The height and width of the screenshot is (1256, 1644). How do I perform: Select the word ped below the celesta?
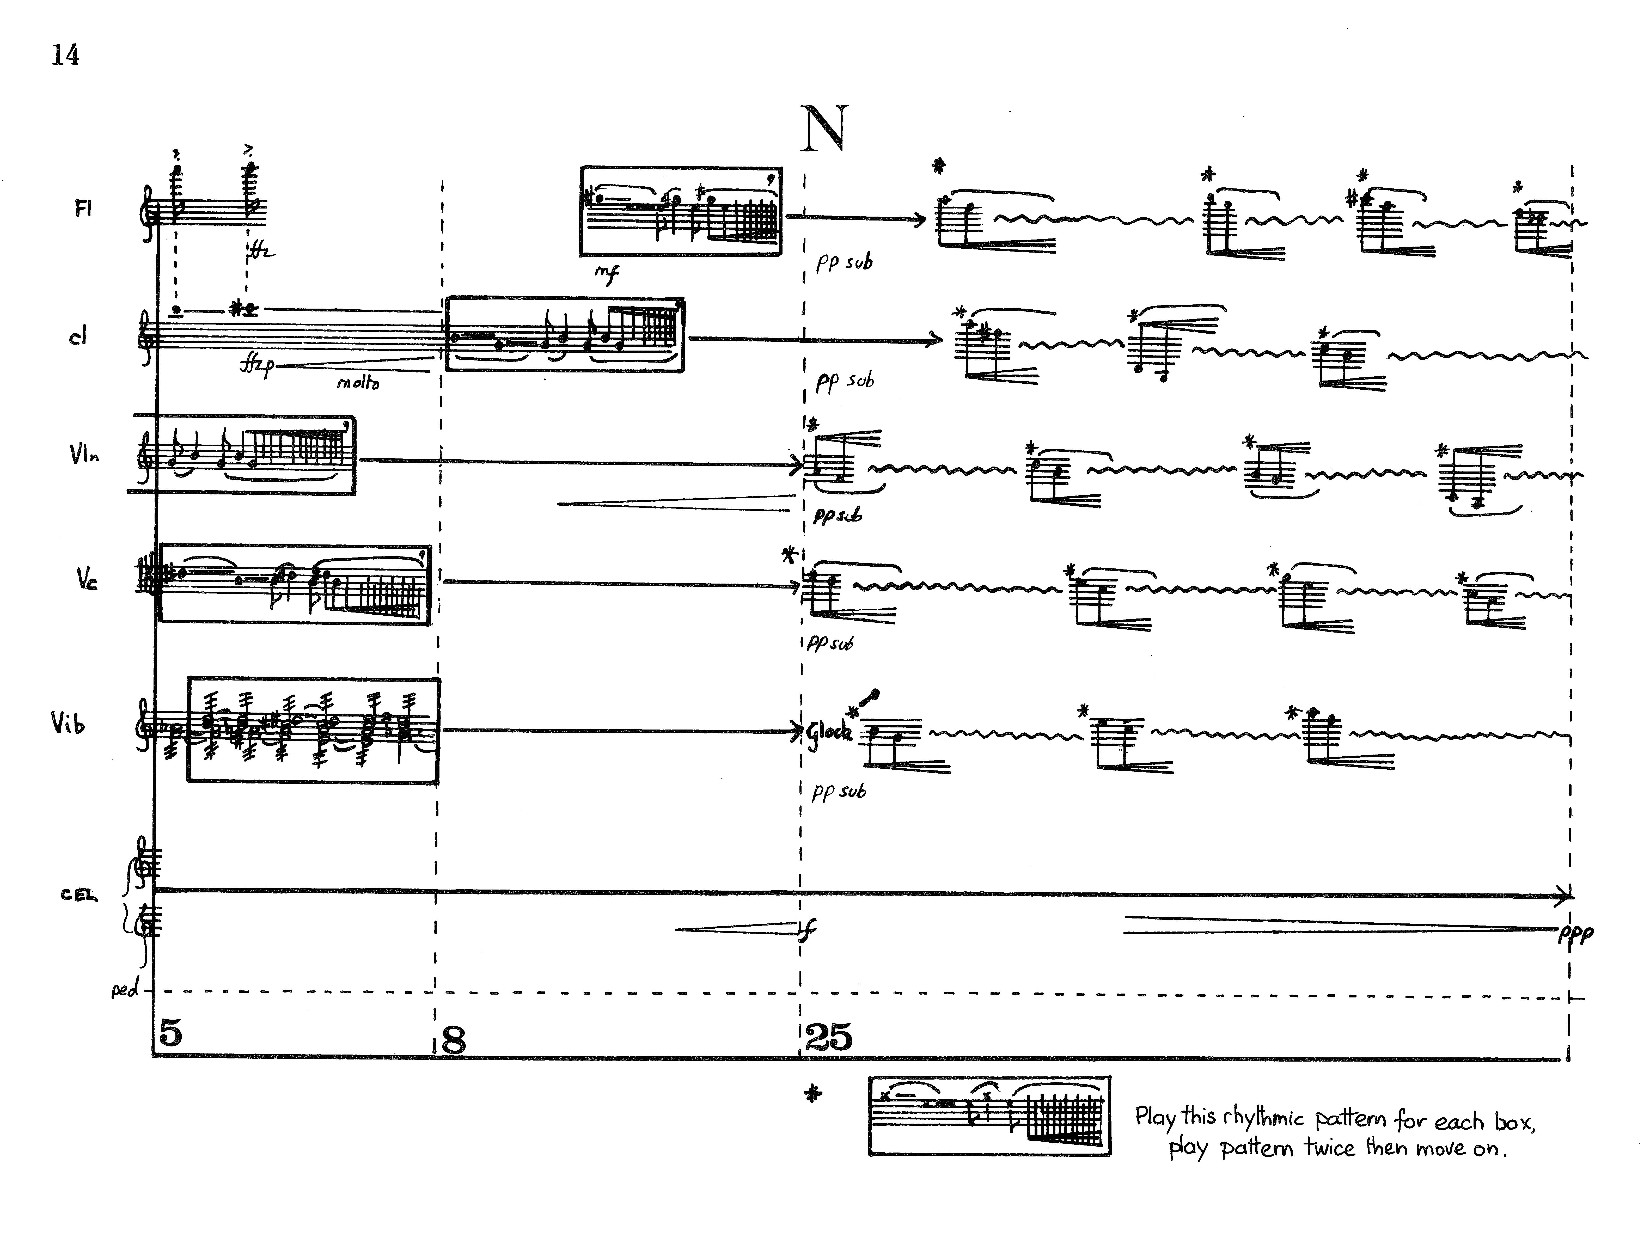click(x=125, y=991)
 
